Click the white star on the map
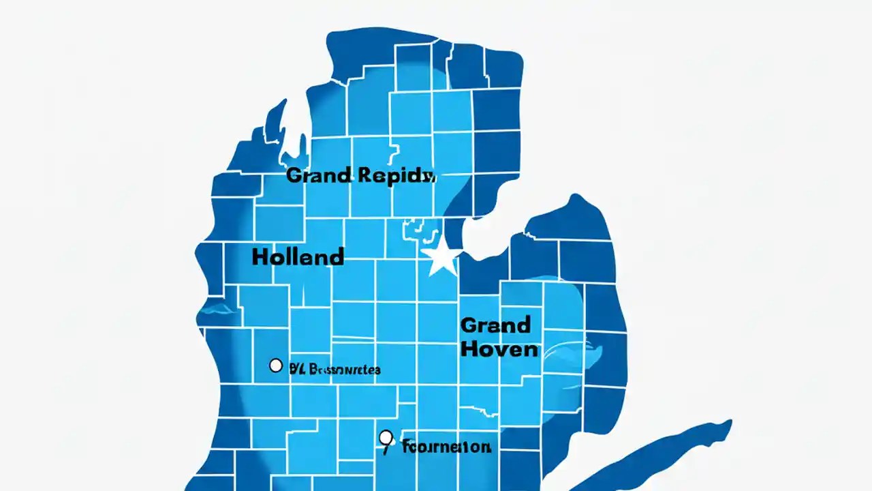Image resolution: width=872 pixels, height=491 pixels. point(441,257)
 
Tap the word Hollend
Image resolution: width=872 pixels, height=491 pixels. point(298,257)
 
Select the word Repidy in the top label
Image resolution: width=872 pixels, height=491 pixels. point(395,175)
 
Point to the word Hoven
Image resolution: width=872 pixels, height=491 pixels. point(499,349)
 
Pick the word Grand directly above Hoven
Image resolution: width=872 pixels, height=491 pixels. point(495,325)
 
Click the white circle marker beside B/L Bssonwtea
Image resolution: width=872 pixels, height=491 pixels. point(276,366)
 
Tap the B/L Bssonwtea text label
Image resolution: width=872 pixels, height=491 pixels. point(334,370)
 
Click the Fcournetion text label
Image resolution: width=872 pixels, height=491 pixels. point(446,447)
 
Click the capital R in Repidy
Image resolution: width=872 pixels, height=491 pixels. point(364,175)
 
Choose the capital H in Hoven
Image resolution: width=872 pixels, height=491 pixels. point(469,349)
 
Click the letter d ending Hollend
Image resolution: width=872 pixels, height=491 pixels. point(336,257)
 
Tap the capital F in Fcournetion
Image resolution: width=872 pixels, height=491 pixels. point(407,447)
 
